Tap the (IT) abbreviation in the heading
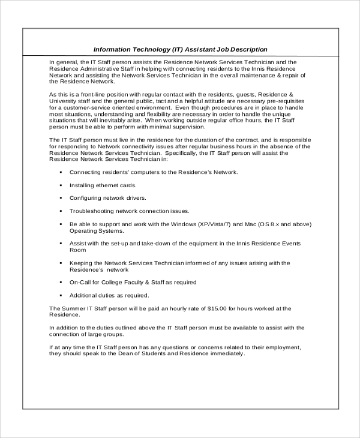pos(179,49)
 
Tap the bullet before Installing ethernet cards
pos(61,185)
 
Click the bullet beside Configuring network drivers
pos(61,198)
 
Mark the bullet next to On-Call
pos(61,282)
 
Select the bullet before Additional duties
pos(61,295)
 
